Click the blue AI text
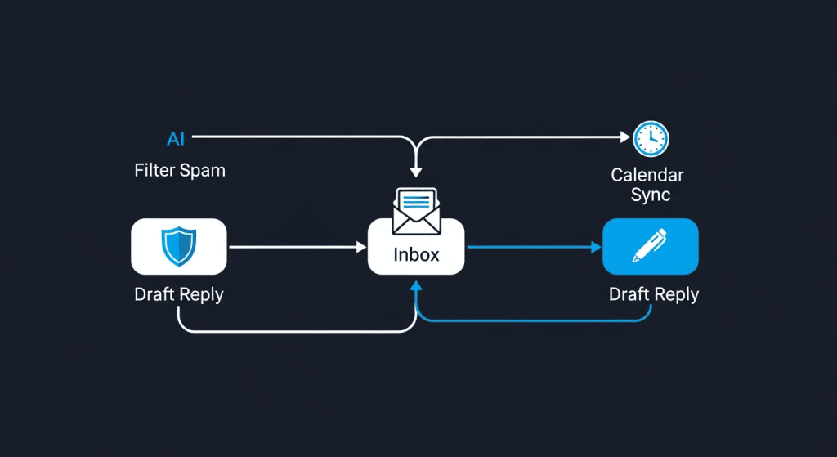tap(176, 139)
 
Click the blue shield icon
tap(178, 246)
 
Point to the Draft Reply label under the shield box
tap(179, 294)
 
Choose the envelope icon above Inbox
tap(416, 210)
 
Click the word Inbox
tap(416, 254)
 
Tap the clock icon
tap(651, 139)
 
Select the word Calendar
tap(647, 175)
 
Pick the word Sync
tap(651, 195)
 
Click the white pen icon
tap(650, 245)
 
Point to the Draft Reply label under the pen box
tap(654, 293)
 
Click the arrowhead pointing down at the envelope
tap(416, 172)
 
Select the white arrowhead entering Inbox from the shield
tap(361, 246)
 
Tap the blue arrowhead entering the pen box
tap(596, 246)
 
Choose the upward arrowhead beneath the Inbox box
tap(416, 285)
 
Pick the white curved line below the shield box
tap(286, 331)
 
